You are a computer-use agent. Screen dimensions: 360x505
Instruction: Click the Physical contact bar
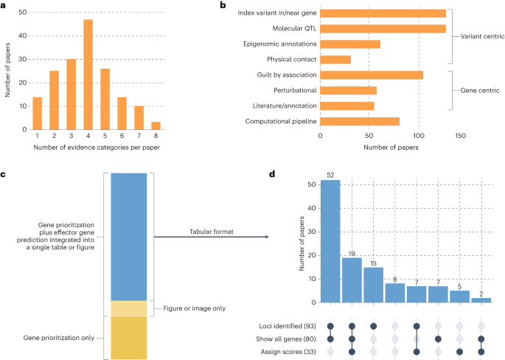336,59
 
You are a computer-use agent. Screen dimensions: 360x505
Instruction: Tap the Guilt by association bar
372,75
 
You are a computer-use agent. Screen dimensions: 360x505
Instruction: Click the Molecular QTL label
290,28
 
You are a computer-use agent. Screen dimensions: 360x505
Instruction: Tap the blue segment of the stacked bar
128,236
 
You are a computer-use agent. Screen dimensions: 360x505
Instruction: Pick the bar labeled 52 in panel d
330,240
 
